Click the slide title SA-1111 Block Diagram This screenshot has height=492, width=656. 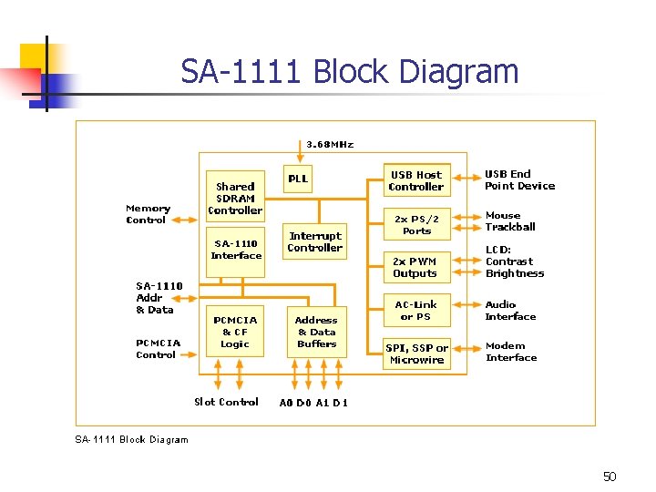pos(349,71)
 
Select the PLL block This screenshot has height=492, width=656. pos(298,179)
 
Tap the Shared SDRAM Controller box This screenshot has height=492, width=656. pos(235,198)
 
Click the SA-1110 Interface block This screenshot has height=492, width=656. pos(236,250)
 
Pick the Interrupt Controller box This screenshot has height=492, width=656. pos(314,241)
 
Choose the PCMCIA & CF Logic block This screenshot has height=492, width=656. pos(235,332)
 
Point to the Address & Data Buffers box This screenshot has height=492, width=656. pos(316,332)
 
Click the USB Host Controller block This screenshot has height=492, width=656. pos(415,180)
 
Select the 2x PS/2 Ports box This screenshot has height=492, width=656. pos(416,224)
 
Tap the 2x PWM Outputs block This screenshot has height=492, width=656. pos(415,267)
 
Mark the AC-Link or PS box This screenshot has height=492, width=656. pos(415,311)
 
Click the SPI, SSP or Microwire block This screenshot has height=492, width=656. pos(416,354)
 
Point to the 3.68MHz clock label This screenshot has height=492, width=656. pos(330,144)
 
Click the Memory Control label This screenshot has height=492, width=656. pos(147,214)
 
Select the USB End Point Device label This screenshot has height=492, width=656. pos(519,179)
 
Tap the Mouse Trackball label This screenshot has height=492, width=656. pos(509,221)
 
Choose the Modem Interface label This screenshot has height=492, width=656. pos(510,352)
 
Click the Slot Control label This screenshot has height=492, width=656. pos(226,402)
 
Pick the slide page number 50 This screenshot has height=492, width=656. pos(610,477)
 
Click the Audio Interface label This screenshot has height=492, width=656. pos(510,311)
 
